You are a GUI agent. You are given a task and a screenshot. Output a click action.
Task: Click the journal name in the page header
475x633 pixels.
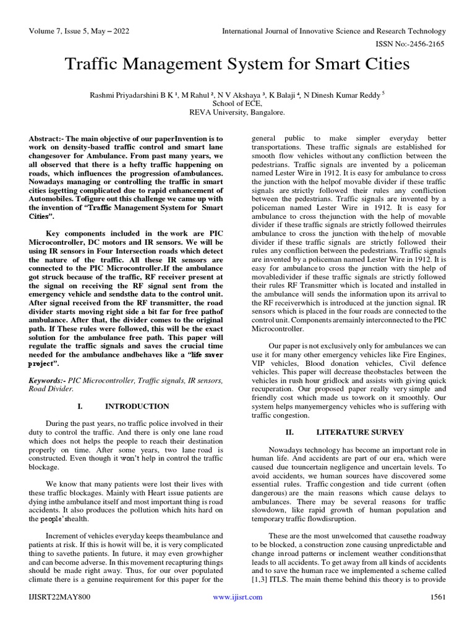[x=335, y=31]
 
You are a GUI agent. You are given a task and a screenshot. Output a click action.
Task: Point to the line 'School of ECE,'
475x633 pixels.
[x=237, y=104]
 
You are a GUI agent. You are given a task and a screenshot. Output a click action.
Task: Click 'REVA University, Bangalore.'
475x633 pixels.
[x=237, y=113]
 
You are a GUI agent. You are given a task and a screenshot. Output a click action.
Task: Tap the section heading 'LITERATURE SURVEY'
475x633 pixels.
[x=360, y=431]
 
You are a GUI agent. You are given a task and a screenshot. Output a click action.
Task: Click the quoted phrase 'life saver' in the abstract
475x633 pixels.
[x=205, y=355]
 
